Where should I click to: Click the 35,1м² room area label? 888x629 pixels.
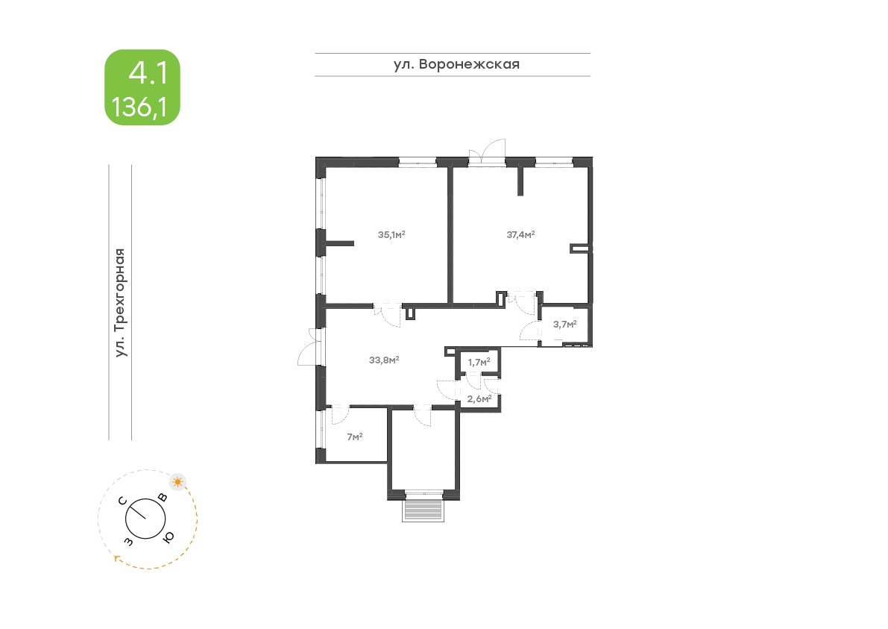pyautogui.click(x=391, y=234)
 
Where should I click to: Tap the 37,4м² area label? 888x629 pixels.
pyautogui.click(x=520, y=234)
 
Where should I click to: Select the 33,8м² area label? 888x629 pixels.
pyautogui.click(x=384, y=360)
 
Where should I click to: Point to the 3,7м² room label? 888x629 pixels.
pyautogui.click(x=564, y=325)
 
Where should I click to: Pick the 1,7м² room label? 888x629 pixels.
pyautogui.click(x=479, y=362)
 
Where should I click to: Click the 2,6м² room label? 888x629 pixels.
pyautogui.click(x=479, y=399)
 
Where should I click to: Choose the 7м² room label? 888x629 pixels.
pyautogui.click(x=354, y=437)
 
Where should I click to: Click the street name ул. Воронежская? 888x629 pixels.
pyautogui.click(x=456, y=64)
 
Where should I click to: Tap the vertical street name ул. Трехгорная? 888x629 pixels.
pyautogui.click(x=119, y=303)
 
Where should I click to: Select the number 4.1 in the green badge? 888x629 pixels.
pyautogui.click(x=148, y=73)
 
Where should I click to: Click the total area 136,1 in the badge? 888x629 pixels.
pyautogui.click(x=139, y=107)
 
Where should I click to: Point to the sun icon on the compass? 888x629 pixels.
pyautogui.click(x=178, y=482)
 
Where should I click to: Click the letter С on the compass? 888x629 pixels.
pyautogui.click(x=122, y=501)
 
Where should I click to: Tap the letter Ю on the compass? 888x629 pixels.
pyautogui.click(x=169, y=536)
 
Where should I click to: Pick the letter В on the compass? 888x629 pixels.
pyautogui.click(x=163, y=498)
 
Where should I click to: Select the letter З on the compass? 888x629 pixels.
pyautogui.click(x=129, y=542)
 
